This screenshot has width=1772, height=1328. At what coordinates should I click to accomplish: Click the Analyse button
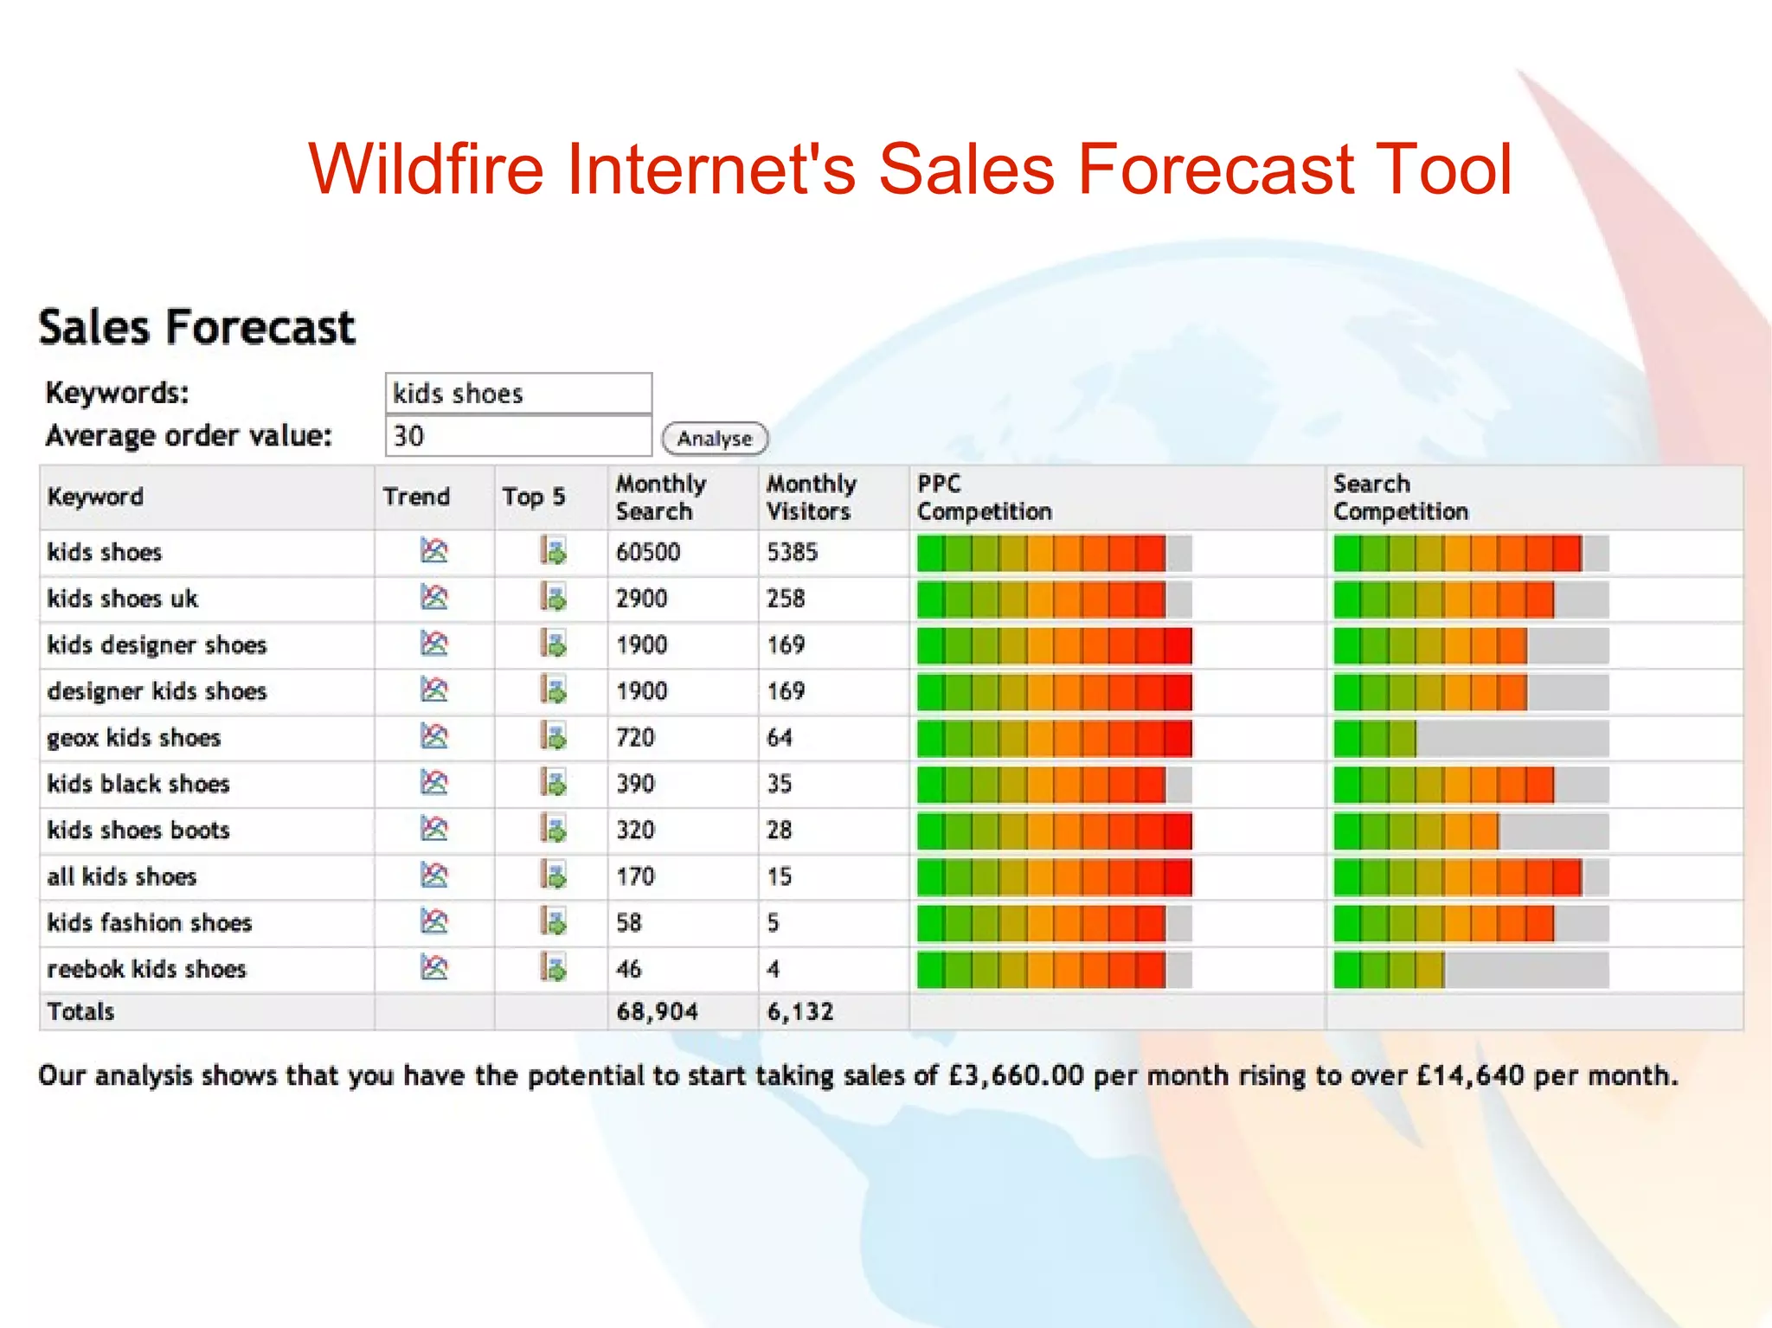pyautogui.click(x=715, y=439)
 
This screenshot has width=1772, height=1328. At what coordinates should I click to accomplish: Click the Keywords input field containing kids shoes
pyautogui.click(x=517, y=394)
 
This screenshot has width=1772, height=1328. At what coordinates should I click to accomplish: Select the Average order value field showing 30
pyautogui.click(x=517, y=436)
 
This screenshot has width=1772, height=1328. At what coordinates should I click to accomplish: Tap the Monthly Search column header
pyautogui.click(x=661, y=497)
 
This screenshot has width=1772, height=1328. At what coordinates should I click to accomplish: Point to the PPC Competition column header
pyautogui.click(x=984, y=497)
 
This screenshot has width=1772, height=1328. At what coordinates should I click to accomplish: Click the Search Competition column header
pyautogui.click(x=1400, y=497)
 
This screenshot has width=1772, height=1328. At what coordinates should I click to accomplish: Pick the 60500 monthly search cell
pyautogui.click(x=648, y=552)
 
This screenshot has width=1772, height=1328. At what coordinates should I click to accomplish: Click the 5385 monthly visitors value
pyautogui.click(x=792, y=552)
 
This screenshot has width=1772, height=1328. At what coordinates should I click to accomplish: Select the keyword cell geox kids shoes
pyautogui.click(x=134, y=738)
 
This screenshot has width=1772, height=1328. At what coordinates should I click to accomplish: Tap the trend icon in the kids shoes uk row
pyautogui.click(x=434, y=597)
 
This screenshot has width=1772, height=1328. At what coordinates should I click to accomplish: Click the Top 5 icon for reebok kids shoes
pyautogui.click(x=553, y=967)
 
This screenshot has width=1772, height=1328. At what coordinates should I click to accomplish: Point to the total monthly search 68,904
pyautogui.click(x=657, y=1011)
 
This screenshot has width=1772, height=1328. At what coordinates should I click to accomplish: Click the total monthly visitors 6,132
pyautogui.click(x=800, y=1011)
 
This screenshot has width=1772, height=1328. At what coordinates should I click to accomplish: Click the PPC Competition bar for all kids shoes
pyautogui.click(x=1054, y=877)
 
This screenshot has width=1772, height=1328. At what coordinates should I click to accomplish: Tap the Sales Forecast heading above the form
pyautogui.click(x=197, y=328)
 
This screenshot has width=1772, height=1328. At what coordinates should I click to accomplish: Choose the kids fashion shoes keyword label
pyautogui.click(x=150, y=923)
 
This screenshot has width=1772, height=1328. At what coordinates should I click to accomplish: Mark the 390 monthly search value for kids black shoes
pyautogui.click(x=635, y=784)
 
